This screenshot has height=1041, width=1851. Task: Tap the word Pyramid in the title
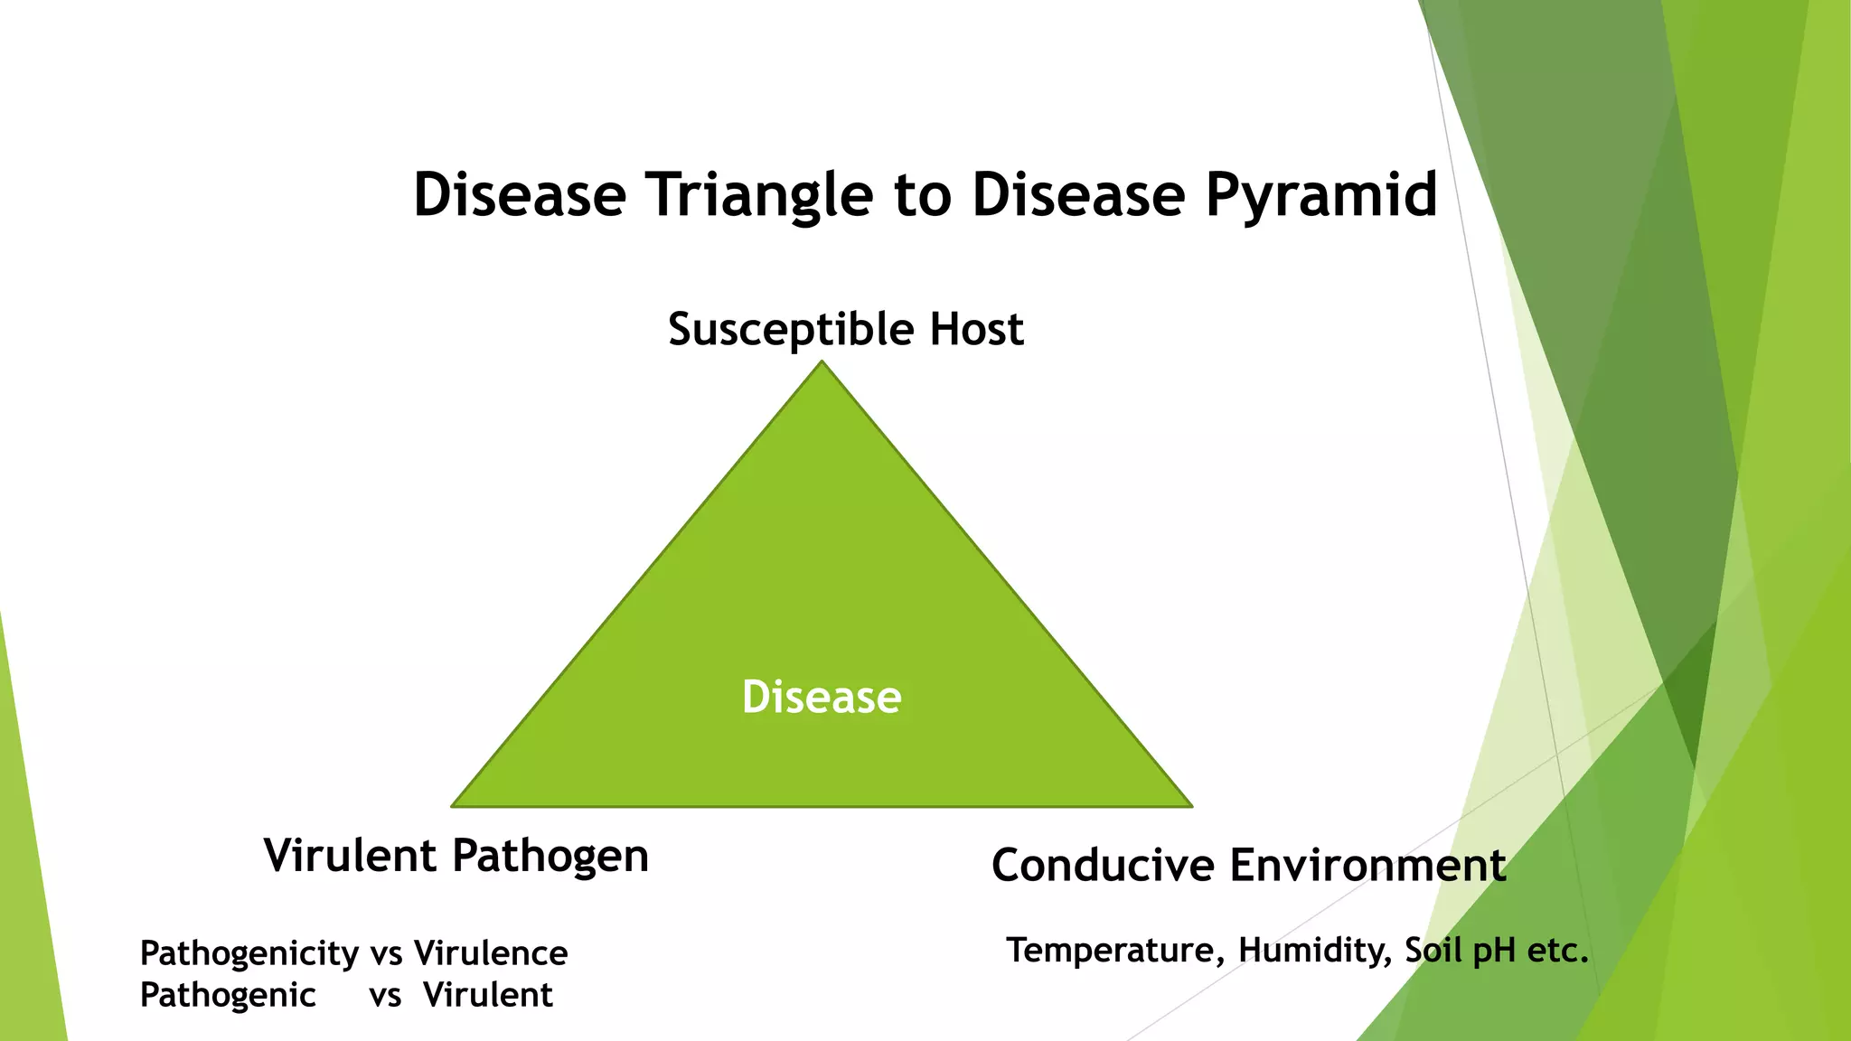click(x=1320, y=195)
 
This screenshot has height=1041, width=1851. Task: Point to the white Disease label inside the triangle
click(x=822, y=698)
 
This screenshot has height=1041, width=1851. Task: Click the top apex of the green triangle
click(x=822, y=363)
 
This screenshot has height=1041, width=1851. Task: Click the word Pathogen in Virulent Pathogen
click(x=550, y=856)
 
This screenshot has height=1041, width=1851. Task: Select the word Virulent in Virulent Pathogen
click(x=351, y=855)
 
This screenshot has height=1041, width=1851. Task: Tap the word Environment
click(x=1367, y=866)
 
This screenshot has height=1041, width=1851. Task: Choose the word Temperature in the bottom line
click(x=1115, y=951)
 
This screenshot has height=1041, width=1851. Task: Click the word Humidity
click(x=1314, y=951)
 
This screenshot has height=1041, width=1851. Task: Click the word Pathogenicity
click(x=249, y=954)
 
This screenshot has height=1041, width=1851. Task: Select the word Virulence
click(x=491, y=953)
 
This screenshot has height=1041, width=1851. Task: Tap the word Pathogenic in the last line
click(x=228, y=996)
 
